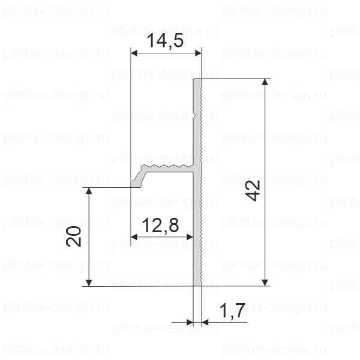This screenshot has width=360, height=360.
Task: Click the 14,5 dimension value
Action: coord(165,41)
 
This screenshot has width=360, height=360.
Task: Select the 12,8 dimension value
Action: coord(160,225)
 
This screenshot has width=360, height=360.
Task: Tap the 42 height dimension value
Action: coord(253,191)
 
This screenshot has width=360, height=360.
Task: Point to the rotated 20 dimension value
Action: coord(74,236)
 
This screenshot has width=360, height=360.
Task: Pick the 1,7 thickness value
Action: coord(232,311)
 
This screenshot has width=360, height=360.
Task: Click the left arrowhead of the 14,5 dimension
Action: coord(134,53)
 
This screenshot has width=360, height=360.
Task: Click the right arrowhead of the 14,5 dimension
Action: coord(198,53)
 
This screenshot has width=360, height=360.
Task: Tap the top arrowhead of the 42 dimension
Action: coord(265,82)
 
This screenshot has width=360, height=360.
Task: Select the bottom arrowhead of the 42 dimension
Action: coord(265,283)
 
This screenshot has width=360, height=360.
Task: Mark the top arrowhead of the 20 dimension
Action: coord(89,191)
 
